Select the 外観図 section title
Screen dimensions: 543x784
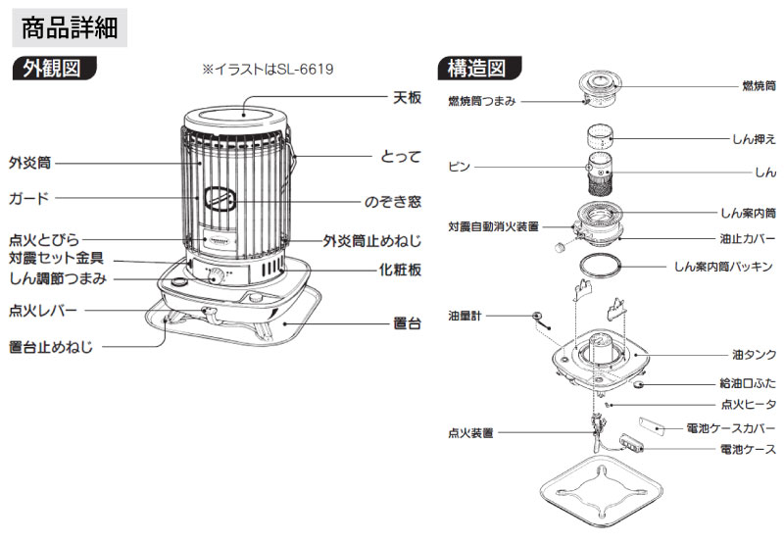(x=58, y=69)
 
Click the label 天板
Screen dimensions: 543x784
(x=407, y=98)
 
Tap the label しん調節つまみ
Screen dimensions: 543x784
(x=58, y=279)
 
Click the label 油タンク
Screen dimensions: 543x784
(x=754, y=353)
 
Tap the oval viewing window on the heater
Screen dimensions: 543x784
(x=221, y=199)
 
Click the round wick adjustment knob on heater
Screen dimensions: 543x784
(x=216, y=277)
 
